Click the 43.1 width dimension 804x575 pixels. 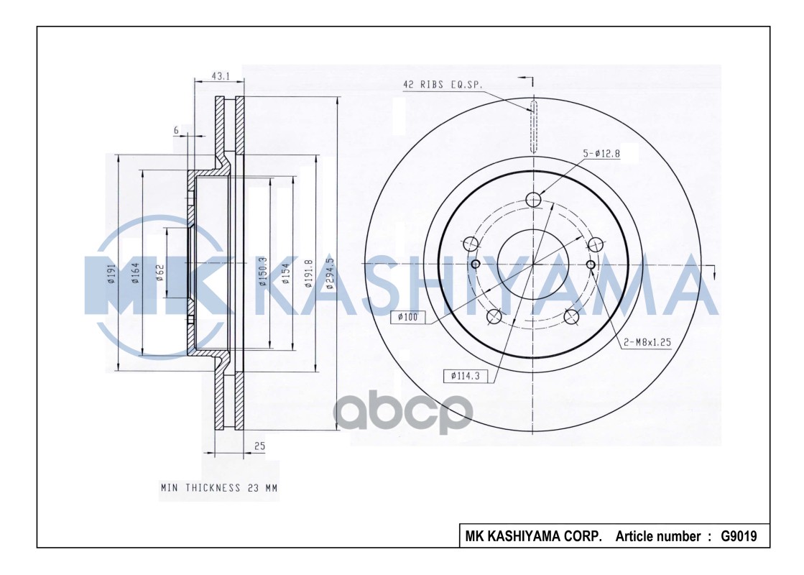220,75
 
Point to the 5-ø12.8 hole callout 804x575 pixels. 601,152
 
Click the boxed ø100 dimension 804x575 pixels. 408,317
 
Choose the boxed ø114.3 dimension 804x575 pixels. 465,375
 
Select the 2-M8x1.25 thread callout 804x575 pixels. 647,343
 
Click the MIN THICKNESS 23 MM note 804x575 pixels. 218,488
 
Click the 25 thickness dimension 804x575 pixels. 259,446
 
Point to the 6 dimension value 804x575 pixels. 175,129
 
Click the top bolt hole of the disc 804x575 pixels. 534,199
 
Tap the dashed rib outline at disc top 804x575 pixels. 534,126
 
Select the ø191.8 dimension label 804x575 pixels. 309,273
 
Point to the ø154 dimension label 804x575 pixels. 287,273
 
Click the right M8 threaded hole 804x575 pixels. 591,265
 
